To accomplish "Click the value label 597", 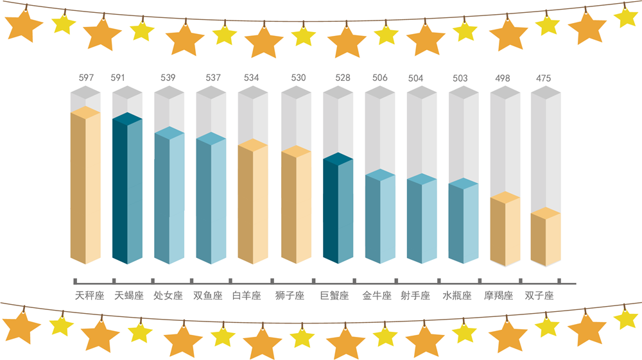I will pyautogui.click(x=86, y=78).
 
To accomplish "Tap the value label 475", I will pyautogui.click(x=543, y=78).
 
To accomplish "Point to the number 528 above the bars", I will pyautogui.click(x=343, y=78).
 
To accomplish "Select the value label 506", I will pyautogui.click(x=379, y=78).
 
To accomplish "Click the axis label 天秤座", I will pyautogui.click(x=89, y=296).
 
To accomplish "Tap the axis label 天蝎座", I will pyautogui.click(x=129, y=296).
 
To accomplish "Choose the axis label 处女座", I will pyautogui.click(x=168, y=296).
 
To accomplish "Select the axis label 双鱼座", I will pyautogui.click(x=207, y=296).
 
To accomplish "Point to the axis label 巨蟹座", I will pyautogui.click(x=334, y=296).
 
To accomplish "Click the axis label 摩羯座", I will pyautogui.click(x=499, y=296).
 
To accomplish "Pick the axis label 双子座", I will pyautogui.click(x=539, y=296).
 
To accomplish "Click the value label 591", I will pyautogui.click(x=118, y=78).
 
